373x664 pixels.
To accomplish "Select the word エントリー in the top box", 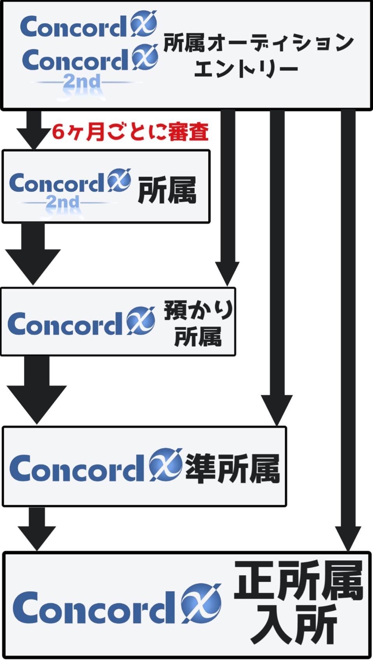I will [x=246, y=69].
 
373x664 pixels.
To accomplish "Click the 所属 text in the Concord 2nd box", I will [x=167, y=190].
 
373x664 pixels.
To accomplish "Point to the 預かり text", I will [x=198, y=310].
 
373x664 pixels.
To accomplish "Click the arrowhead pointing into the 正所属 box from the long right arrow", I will [x=348, y=539].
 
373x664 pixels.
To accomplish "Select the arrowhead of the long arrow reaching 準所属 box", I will [x=277, y=410].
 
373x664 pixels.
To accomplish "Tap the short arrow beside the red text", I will [x=33, y=130].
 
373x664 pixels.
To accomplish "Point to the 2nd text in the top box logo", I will [x=82, y=82].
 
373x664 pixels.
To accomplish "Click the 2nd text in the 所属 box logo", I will [x=63, y=202].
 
